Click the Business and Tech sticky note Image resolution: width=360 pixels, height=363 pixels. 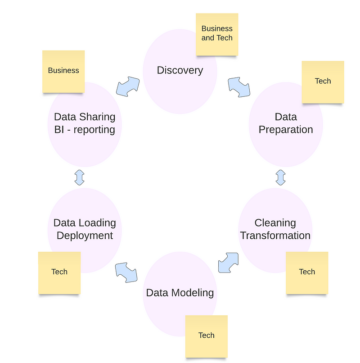(217, 34)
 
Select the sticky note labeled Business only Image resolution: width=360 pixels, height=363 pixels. (63, 71)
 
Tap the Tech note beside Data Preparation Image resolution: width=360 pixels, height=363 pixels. (323, 82)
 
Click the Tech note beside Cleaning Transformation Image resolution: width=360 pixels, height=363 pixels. (307, 272)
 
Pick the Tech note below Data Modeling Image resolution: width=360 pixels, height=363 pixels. (207, 336)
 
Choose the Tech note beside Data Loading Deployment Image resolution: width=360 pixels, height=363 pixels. (59, 272)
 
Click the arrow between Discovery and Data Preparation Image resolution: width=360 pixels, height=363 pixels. (239, 87)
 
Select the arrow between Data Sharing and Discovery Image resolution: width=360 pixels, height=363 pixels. (128, 86)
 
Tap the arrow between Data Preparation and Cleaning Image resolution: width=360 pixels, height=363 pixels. (281, 177)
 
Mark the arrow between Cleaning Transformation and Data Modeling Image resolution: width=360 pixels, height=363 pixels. (228, 262)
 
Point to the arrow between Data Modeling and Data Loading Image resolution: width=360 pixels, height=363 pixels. (126, 272)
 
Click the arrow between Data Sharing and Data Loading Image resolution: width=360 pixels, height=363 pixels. (80, 177)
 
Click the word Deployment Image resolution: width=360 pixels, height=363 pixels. (85, 236)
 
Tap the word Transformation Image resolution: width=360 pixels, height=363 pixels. (275, 236)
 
